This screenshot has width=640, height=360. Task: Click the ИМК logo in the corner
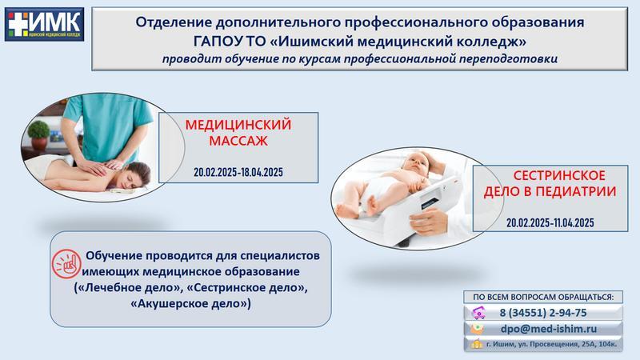click(44, 25)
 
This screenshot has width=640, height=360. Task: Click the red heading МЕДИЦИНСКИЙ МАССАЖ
click(238, 132)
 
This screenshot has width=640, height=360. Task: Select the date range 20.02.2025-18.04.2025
click(238, 172)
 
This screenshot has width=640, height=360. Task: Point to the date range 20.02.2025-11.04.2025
click(550, 223)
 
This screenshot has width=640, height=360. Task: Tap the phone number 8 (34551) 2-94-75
click(543, 313)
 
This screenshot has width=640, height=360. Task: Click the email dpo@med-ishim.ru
click(549, 329)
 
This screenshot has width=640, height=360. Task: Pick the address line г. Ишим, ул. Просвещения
click(551, 345)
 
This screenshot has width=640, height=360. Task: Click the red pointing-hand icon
click(66, 264)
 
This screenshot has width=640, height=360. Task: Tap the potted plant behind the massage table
click(39, 135)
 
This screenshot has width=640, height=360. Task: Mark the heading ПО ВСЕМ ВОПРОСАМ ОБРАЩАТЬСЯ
click(543, 297)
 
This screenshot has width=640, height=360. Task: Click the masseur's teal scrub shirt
click(108, 122)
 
